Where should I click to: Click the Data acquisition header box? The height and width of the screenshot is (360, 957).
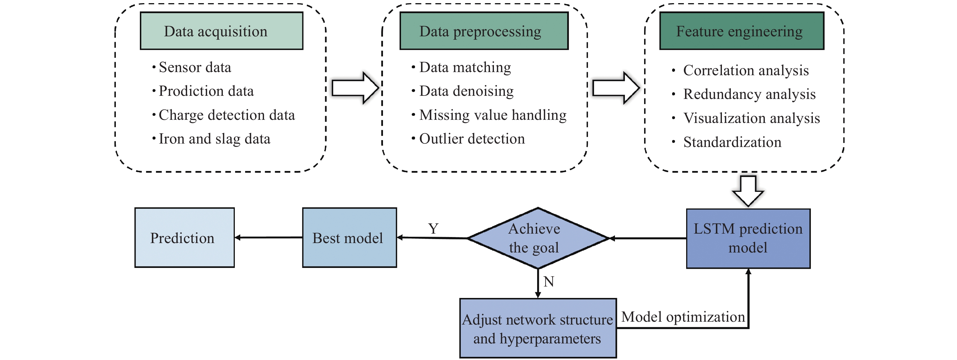coord(221,31)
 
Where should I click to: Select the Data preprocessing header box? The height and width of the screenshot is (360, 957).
coord(484,31)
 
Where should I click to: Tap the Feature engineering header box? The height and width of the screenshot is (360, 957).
coord(742,31)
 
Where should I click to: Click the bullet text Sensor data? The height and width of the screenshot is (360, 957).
coord(195,67)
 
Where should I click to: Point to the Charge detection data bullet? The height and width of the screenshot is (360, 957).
coord(227,115)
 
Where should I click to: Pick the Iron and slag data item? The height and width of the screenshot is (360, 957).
coord(214,139)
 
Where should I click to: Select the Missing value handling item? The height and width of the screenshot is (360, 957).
coord(493,115)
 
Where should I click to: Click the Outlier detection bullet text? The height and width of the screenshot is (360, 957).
coord(472,139)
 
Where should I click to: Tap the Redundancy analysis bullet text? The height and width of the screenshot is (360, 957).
coord(749,94)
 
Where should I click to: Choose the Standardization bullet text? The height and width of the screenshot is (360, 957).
coord(732,142)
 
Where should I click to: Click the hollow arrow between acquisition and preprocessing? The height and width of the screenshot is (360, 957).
coord(355,88)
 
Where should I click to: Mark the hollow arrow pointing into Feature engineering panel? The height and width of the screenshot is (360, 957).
coord(616,88)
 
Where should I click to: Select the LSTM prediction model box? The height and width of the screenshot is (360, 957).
coord(748,238)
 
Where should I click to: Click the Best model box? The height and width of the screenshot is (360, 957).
coord(349,238)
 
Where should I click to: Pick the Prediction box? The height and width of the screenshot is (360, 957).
coord(184,238)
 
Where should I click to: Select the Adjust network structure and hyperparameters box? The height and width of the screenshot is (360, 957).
coord(538,329)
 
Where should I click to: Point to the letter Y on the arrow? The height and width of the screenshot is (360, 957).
coord(433,228)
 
